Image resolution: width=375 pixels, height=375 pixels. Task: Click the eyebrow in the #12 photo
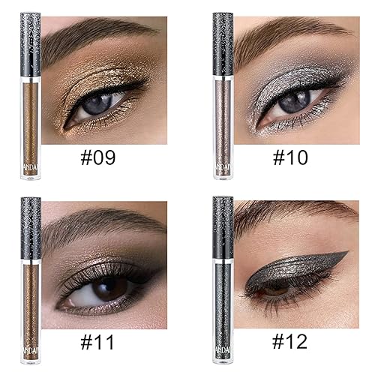tap(292, 214)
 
